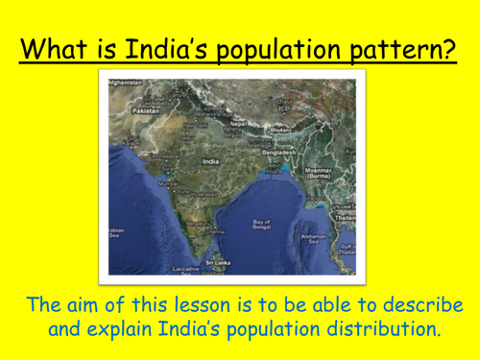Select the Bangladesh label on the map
tap(276, 153)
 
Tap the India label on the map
tap(210, 161)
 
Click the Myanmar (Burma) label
tap(320, 174)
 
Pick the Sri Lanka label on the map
tap(216, 261)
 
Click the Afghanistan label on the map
tap(127, 84)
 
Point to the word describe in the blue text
tap(421, 306)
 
